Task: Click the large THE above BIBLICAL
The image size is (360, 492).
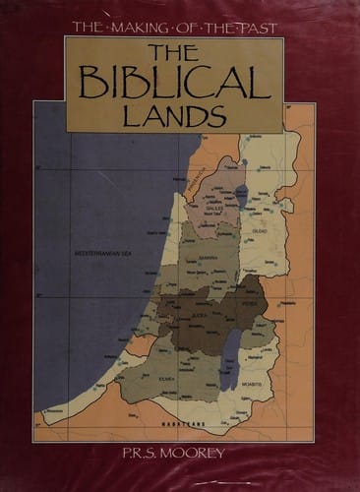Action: tap(174, 52)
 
